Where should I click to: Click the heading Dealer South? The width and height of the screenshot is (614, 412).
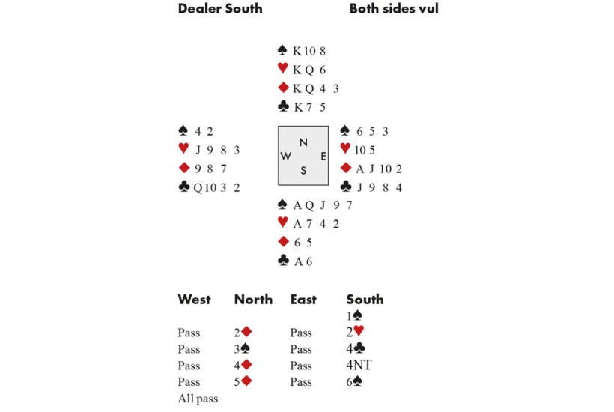(x=220, y=9)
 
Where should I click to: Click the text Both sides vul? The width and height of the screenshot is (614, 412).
(x=393, y=9)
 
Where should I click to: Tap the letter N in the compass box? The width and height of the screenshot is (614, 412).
(x=303, y=142)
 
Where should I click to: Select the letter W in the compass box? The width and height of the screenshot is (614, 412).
(x=286, y=156)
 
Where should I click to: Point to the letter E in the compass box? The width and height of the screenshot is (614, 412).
(x=323, y=156)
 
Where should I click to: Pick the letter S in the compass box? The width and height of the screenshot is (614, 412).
(x=303, y=170)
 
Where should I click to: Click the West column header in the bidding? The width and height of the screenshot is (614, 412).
(x=194, y=300)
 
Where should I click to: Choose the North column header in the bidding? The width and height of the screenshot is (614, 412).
(x=253, y=300)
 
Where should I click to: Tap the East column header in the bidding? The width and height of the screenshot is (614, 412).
(x=303, y=300)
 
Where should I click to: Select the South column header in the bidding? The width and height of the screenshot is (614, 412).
(x=365, y=300)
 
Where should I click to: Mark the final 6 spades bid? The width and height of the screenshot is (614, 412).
(x=357, y=382)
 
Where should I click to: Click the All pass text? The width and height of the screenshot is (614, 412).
(x=198, y=399)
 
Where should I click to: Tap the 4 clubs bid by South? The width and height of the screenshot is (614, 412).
(x=357, y=349)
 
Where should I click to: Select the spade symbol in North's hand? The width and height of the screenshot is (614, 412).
(x=282, y=51)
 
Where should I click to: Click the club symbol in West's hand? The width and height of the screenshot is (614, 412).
(x=184, y=187)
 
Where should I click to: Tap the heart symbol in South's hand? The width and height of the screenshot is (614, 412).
(x=282, y=223)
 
